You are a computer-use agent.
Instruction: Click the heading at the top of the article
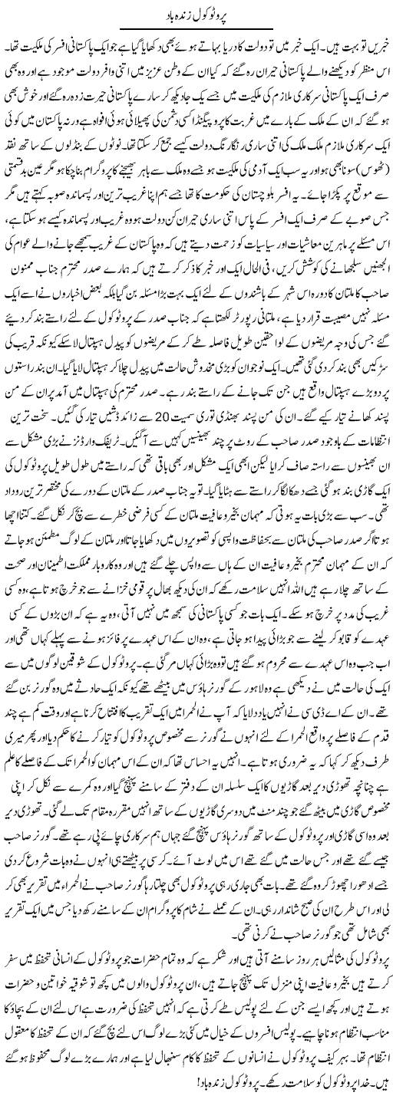[196, 13]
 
